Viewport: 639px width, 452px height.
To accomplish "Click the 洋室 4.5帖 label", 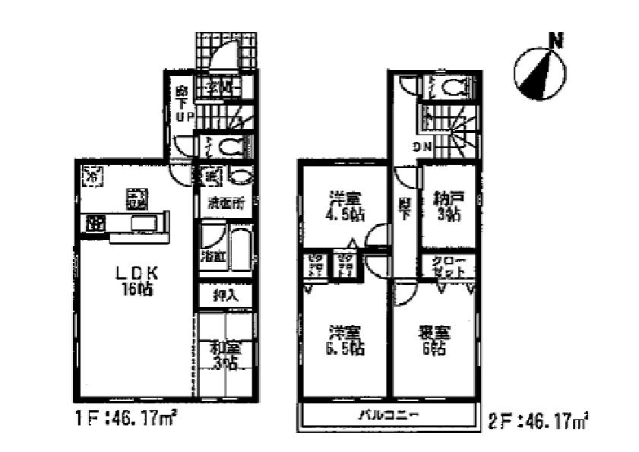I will (346, 207).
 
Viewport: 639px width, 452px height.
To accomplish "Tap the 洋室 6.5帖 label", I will (345, 340).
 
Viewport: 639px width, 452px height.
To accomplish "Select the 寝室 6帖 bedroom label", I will (433, 340).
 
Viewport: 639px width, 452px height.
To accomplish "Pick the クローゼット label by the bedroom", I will (448, 267).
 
